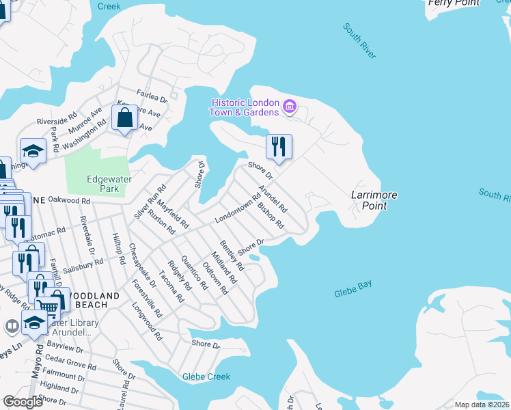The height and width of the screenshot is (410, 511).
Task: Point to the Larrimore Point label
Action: click(374, 200)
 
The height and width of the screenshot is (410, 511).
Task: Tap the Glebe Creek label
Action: click(206, 377)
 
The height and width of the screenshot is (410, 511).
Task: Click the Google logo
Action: click(23, 401)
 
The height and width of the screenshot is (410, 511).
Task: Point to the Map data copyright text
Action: click(482, 405)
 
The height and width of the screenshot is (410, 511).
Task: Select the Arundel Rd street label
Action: click(273, 200)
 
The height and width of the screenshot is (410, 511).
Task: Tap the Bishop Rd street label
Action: click(271, 216)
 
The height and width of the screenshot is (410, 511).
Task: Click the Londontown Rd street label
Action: click(238, 209)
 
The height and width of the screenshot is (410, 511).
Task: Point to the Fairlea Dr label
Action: click(152, 98)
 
